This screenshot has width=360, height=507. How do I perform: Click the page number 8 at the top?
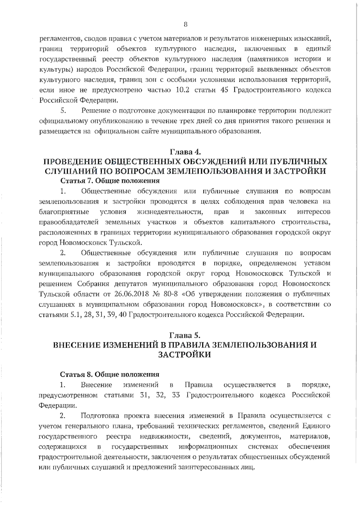pos(185,25)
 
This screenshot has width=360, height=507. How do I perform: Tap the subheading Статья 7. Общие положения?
pos(110,181)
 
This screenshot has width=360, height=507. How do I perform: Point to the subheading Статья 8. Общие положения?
pos(109,374)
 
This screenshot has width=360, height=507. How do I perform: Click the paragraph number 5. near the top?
pos(63,111)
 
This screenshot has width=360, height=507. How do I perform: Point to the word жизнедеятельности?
pos(170,212)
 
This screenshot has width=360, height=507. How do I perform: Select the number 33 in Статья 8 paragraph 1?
pos(176,395)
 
